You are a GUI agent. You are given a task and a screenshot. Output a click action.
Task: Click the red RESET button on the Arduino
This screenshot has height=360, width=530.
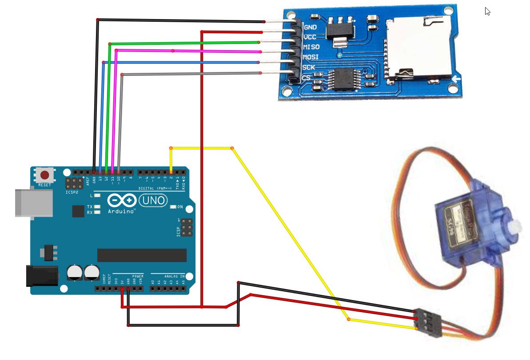click(45, 175)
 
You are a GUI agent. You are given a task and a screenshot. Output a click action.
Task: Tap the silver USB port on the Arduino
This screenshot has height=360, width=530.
click(33, 203)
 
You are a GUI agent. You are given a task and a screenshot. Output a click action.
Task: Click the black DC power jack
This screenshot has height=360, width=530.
click(43, 275)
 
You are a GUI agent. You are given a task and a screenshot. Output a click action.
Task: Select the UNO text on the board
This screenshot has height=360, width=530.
click(154, 201)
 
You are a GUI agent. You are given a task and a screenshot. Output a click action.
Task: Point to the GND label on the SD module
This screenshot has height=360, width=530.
click(310, 27)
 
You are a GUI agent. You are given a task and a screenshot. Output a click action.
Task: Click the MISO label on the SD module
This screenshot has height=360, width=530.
click(311, 47)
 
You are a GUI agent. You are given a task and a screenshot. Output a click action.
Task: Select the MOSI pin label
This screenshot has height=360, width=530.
click(311, 57)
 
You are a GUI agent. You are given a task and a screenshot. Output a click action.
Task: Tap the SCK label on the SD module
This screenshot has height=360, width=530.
click(309, 67)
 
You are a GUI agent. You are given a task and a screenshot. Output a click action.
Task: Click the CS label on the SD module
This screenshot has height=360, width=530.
click(306, 78)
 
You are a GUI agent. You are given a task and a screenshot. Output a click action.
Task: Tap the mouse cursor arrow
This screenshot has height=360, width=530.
click(487, 11)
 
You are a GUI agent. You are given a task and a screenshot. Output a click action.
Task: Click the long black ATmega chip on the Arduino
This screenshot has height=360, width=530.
click(142, 255)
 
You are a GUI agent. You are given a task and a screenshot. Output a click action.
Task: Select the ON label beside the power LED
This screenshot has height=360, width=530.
click(180, 207)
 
